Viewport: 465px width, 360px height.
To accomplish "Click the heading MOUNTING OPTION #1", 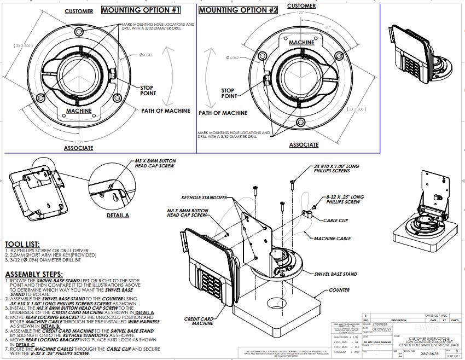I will [x=141, y=10].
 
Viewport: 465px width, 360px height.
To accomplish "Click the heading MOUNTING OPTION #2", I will [x=238, y=10].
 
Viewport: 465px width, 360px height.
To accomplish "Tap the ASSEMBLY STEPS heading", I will [x=37, y=274].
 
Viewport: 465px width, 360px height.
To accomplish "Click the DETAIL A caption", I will [x=118, y=215].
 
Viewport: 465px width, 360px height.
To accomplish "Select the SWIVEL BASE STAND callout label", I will [x=335, y=274].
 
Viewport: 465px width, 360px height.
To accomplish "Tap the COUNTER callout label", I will [x=339, y=291].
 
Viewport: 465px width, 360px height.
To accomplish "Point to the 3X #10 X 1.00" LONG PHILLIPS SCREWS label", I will [x=336, y=168].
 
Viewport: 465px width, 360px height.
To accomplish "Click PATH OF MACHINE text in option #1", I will [x=166, y=111].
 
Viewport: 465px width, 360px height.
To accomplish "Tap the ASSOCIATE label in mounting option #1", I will [x=79, y=148].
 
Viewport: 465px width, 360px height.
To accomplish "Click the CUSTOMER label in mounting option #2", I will [x=302, y=5].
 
